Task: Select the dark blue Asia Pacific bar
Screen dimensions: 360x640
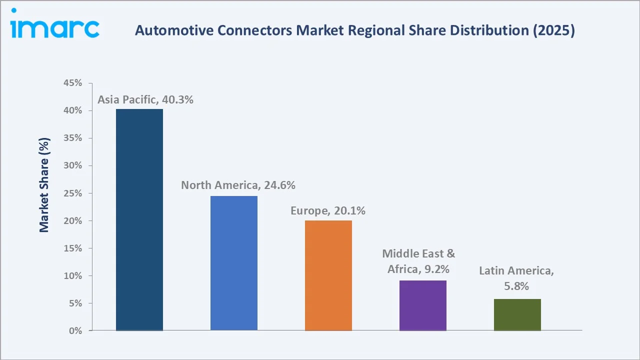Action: click(x=139, y=220)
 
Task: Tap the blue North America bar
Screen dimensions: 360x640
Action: click(x=234, y=263)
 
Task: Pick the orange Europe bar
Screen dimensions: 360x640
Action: click(x=328, y=275)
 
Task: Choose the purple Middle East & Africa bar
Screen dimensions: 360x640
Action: click(x=423, y=305)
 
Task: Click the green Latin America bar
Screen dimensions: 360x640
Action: click(x=517, y=314)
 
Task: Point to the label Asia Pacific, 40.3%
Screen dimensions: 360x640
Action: click(x=145, y=99)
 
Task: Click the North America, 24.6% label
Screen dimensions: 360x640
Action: click(x=238, y=185)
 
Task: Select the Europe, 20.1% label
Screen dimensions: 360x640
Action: click(x=328, y=211)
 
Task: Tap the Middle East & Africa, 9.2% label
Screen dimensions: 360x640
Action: click(x=419, y=261)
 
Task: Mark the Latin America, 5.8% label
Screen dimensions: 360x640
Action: click(x=516, y=278)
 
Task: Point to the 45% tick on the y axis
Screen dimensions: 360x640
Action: click(x=73, y=83)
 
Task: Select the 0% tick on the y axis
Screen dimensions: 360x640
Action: click(x=75, y=331)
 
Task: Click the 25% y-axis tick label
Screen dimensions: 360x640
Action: click(x=73, y=193)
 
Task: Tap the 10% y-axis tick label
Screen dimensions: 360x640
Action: click(x=73, y=276)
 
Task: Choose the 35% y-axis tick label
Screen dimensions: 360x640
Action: click(x=73, y=138)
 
